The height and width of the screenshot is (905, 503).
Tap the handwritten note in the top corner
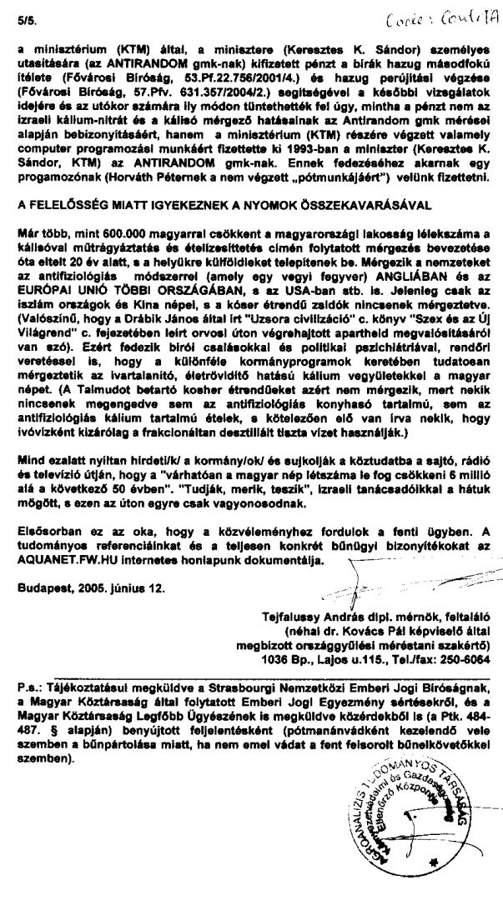click(x=449, y=18)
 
